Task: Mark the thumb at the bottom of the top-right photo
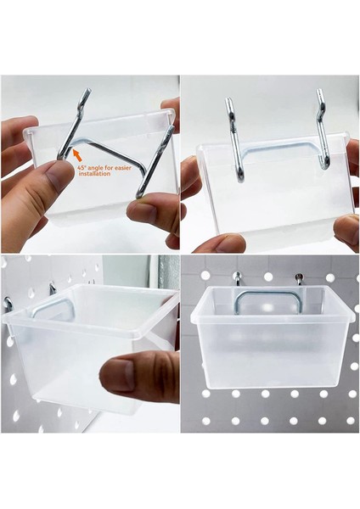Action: point(220,243)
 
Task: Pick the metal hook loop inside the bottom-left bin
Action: point(47,306)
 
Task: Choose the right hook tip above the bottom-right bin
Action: point(299,278)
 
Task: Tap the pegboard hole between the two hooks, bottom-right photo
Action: point(267,277)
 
